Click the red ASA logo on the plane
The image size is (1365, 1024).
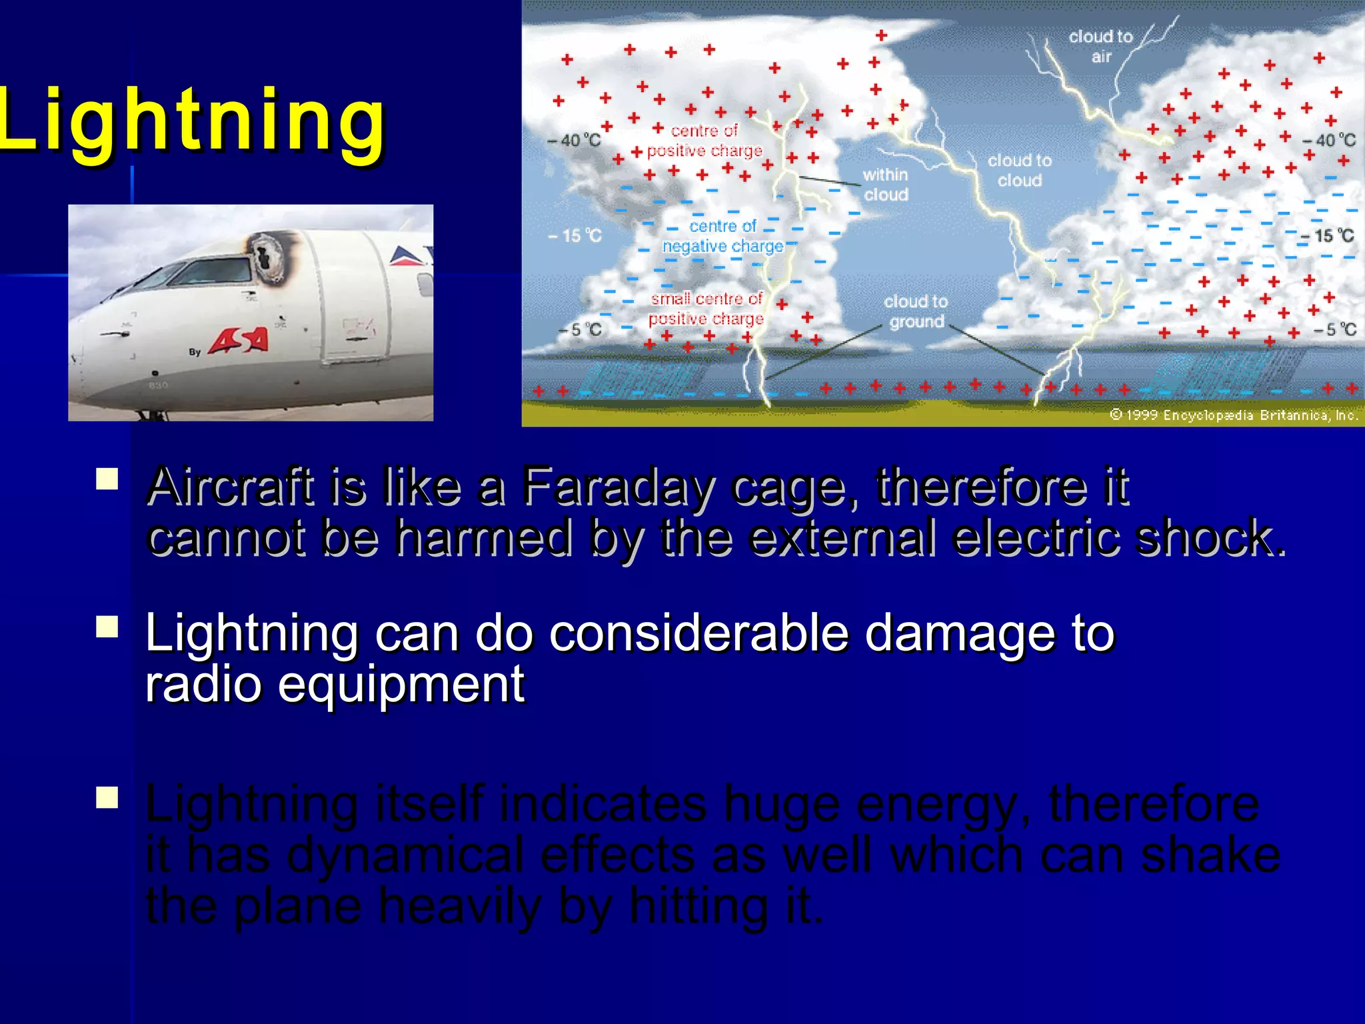[x=239, y=341]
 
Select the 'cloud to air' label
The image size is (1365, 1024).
[x=1100, y=46]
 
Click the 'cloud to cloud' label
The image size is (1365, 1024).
[x=1019, y=170]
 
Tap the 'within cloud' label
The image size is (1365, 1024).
[x=885, y=184]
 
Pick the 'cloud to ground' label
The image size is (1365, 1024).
[x=916, y=311]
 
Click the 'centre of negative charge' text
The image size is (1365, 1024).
[x=722, y=236]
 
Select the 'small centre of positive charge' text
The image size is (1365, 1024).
[x=706, y=309]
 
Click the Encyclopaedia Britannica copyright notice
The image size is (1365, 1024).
[x=1233, y=415]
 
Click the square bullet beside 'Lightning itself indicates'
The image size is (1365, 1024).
[x=107, y=797]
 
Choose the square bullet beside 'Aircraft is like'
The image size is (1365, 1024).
[x=107, y=479]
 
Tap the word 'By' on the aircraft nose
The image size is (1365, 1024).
[x=195, y=351]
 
